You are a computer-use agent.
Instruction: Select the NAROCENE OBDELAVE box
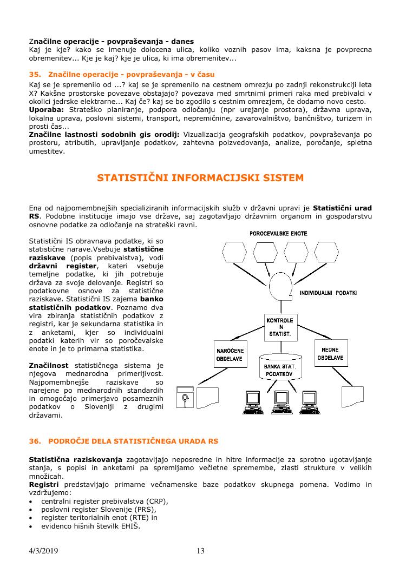click(x=230, y=354)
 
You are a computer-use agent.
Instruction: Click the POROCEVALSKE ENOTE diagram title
click(x=278, y=233)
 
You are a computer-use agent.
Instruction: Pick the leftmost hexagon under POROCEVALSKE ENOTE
click(x=234, y=253)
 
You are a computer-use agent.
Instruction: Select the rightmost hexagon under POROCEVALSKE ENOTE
click(x=328, y=253)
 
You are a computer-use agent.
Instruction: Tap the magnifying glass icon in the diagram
click(x=185, y=399)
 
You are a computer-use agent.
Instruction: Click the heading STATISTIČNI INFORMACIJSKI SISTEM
click(x=200, y=177)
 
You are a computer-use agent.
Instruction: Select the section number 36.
click(x=35, y=441)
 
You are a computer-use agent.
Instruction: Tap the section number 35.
click(x=35, y=74)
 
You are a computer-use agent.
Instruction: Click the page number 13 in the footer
click(x=200, y=551)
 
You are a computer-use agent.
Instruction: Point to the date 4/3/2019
click(x=43, y=551)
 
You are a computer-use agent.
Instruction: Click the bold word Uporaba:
click(x=44, y=110)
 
